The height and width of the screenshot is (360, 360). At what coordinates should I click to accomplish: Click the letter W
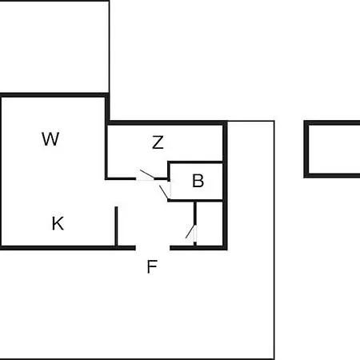50,139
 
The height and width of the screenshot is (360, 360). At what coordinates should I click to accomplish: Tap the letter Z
158,142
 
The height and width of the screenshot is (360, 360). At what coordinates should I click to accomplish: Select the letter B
198,181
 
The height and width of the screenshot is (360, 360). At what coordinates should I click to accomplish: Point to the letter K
58,223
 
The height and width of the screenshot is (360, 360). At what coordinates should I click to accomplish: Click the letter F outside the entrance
152,266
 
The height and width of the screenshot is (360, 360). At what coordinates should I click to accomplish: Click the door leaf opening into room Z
147,174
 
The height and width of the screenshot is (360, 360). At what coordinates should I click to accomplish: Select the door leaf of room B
164,192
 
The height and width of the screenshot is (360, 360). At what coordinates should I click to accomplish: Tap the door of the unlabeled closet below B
190,232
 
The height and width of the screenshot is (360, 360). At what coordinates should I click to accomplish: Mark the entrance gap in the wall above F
153,248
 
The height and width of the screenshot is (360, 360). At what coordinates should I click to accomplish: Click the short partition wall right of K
116,226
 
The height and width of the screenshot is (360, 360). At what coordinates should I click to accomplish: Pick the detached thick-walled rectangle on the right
332,149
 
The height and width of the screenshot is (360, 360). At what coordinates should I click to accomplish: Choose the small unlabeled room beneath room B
210,224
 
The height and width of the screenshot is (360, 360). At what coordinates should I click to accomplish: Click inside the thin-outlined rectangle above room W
54,46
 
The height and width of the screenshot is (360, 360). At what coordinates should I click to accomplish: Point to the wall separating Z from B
195,162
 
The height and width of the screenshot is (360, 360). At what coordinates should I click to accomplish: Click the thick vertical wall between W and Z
107,136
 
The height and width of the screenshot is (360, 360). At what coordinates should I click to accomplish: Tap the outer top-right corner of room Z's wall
227,121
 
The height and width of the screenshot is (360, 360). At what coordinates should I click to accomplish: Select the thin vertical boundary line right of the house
274,240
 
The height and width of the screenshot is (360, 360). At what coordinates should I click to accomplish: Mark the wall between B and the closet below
195,200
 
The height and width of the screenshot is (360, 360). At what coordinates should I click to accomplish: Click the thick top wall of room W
54,95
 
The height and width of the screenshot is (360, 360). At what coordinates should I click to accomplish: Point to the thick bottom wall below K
68,248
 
